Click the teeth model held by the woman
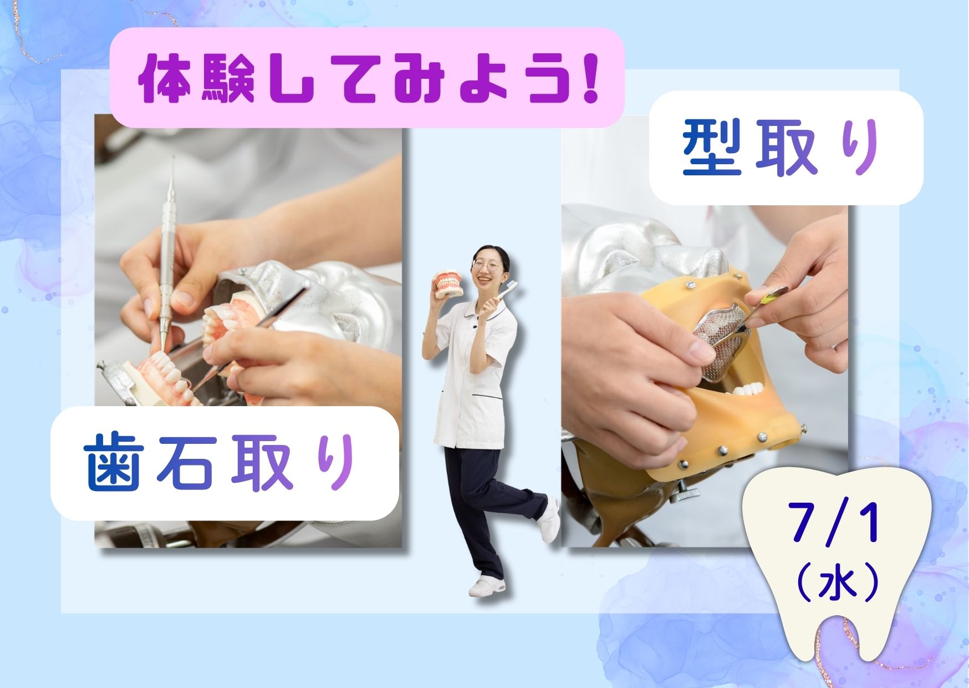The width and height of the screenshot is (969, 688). pyautogui.click(x=448, y=284)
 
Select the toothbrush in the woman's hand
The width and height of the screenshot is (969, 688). pyautogui.click(x=507, y=292)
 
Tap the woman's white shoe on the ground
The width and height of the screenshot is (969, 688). pyautogui.click(x=487, y=587)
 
